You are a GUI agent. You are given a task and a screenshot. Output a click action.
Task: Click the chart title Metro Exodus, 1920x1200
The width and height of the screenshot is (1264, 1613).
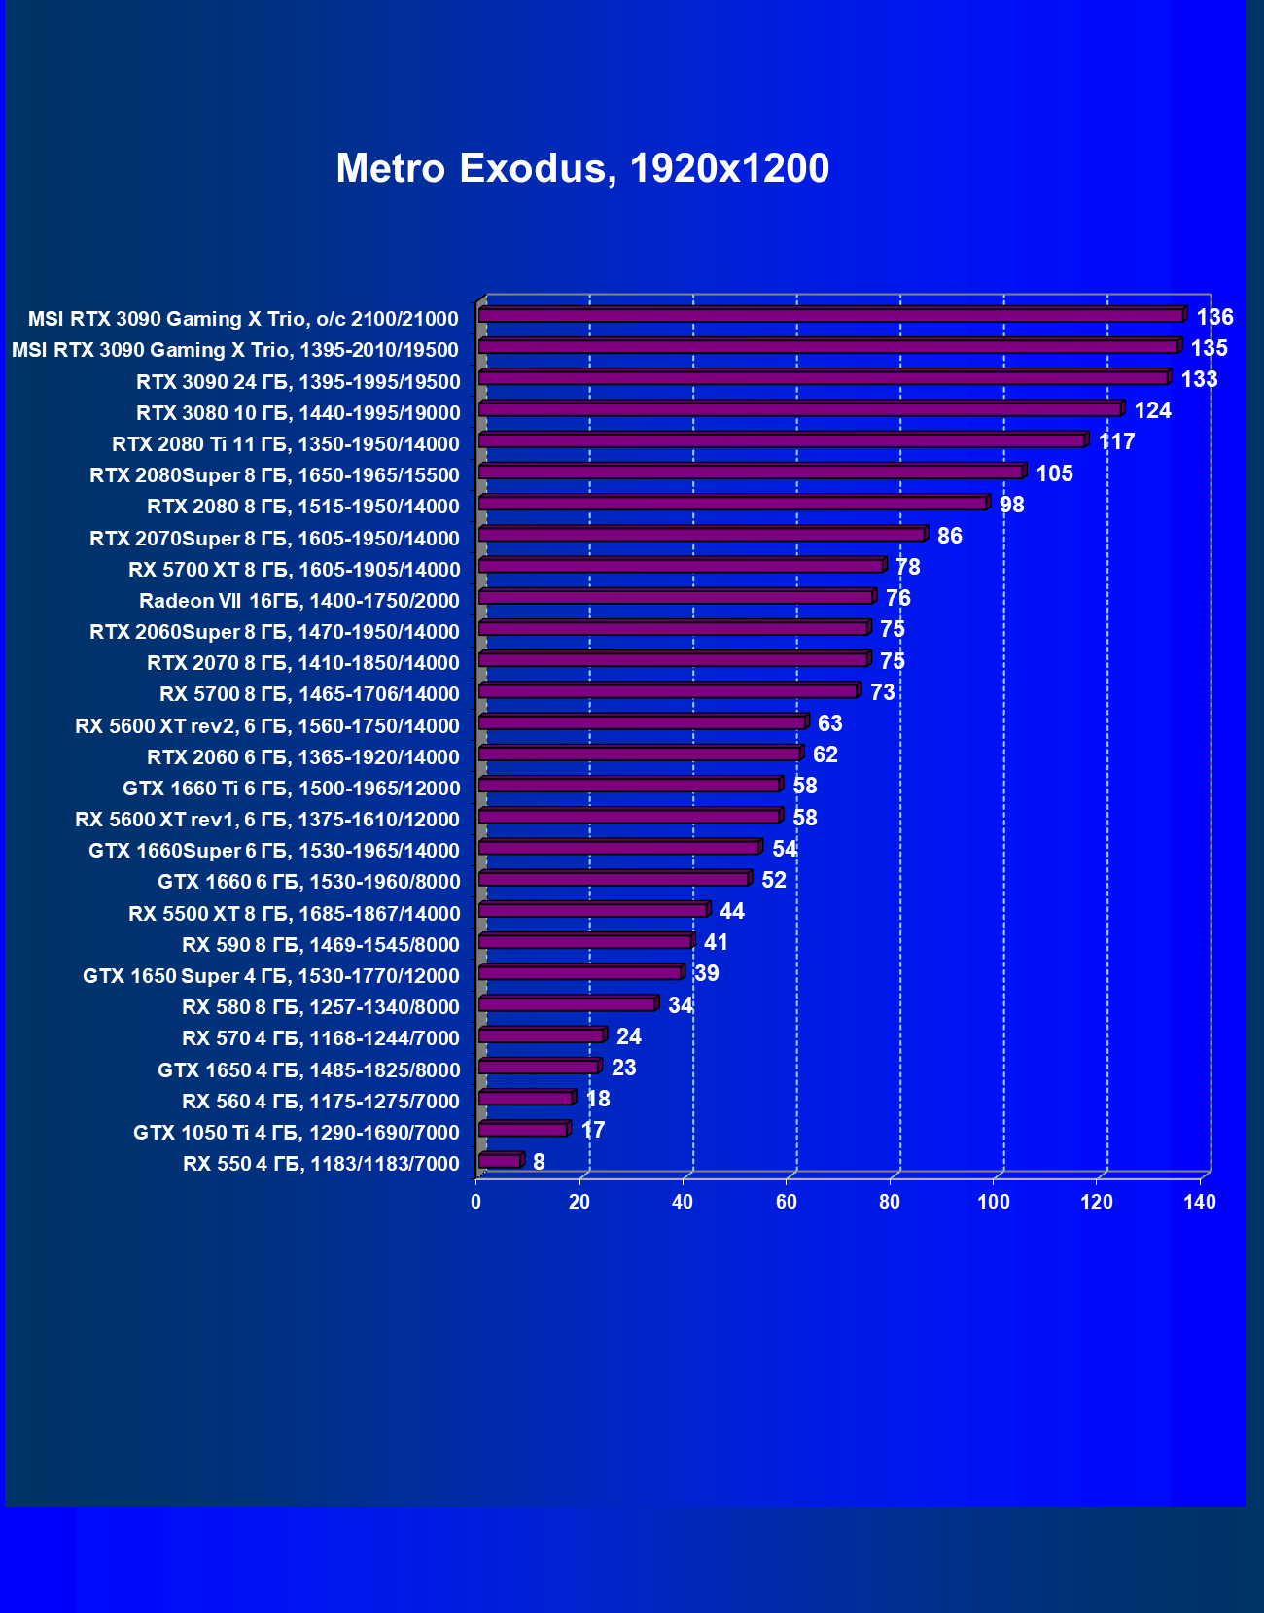tap(582, 168)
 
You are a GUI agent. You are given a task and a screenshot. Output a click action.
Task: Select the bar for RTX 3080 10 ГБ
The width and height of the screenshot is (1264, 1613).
tap(799, 410)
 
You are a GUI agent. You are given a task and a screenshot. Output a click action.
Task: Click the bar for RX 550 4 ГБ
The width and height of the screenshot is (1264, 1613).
tap(500, 1161)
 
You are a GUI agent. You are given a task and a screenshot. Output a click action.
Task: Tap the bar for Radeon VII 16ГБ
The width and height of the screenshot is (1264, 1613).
tap(676, 598)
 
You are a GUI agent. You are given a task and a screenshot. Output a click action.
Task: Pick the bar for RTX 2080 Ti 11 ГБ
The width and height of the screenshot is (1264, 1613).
tap(782, 441)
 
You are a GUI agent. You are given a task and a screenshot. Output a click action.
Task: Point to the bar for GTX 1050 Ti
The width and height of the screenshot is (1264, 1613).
tap(523, 1130)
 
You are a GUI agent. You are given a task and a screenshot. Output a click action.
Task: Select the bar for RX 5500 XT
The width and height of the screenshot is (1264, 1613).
tap(592, 911)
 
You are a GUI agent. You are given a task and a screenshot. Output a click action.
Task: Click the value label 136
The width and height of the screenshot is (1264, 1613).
tap(1214, 317)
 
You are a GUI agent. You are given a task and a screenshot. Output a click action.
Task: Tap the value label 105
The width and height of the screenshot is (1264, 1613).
tap(1054, 473)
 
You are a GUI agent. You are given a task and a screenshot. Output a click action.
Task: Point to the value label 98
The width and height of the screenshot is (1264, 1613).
tap(1011, 505)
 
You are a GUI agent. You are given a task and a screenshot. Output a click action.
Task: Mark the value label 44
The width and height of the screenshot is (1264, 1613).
tap(731, 911)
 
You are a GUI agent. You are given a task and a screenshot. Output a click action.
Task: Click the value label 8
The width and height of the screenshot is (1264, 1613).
tap(539, 1162)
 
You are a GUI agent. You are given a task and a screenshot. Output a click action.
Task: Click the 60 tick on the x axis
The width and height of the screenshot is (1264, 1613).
tap(787, 1202)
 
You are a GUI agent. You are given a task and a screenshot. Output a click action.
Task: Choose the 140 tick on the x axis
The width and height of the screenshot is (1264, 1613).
tap(1200, 1202)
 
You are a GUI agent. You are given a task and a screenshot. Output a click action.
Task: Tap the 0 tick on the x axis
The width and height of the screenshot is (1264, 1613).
tap(475, 1202)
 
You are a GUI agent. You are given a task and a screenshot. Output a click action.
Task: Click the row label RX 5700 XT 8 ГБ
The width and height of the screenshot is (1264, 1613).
tap(294, 570)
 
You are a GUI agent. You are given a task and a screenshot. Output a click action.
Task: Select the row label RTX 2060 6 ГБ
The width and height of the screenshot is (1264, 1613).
tap(302, 757)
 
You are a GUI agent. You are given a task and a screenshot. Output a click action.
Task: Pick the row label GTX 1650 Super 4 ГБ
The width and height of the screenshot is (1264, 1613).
tap(270, 976)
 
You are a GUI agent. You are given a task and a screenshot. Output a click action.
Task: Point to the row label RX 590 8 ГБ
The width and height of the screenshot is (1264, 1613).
tap(320, 945)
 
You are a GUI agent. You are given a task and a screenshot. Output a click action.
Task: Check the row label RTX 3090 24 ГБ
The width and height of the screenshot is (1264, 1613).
tap(298, 382)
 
